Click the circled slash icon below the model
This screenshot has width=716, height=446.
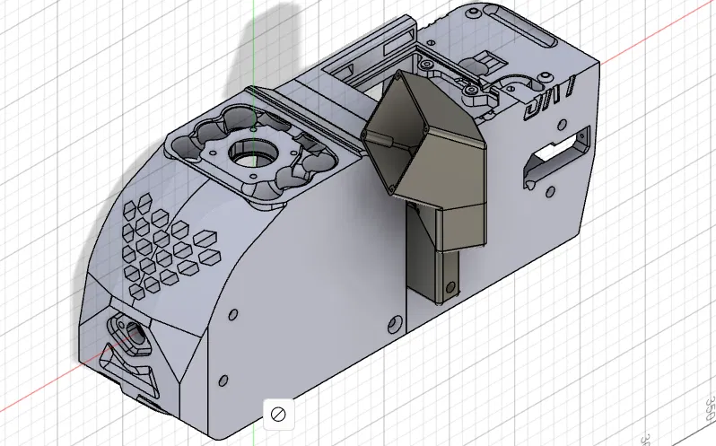tap(278, 414)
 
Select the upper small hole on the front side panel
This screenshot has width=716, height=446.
tap(232, 316)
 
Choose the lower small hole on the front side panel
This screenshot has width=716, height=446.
tap(219, 384)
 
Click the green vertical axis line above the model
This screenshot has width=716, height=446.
tap(254, 36)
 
